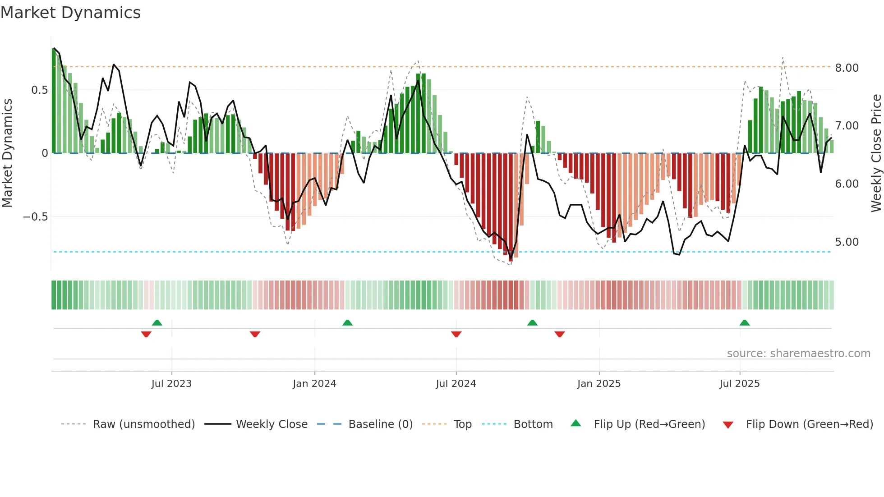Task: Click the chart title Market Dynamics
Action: point(71,13)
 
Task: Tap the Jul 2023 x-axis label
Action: point(171,384)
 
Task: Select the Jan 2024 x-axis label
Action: point(314,384)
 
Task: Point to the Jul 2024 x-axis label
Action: point(456,384)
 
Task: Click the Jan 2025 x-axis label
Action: point(599,384)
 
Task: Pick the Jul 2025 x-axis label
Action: point(740,384)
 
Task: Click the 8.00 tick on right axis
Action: point(847,68)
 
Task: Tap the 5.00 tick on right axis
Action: point(847,242)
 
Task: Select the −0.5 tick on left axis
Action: point(35,217)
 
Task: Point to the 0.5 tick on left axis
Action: point(39,90)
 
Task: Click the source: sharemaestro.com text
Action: point(798,354)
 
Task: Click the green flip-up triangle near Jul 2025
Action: point(745,323)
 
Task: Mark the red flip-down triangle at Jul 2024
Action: point(456,334)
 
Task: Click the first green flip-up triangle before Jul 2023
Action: point(157,323)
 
